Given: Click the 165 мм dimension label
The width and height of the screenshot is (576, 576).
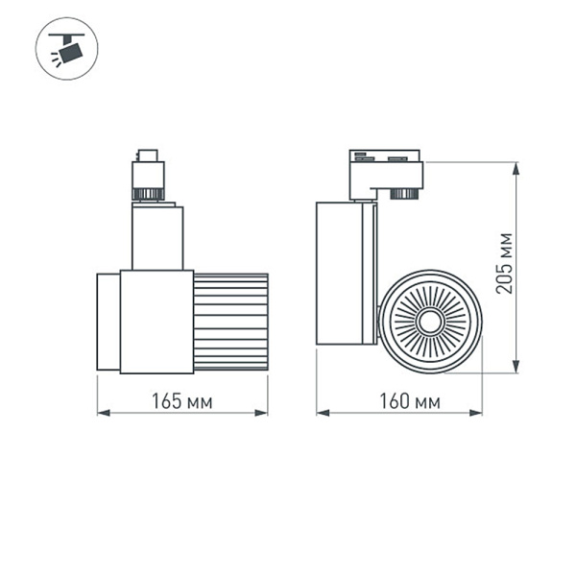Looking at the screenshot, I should [x=182, y=400].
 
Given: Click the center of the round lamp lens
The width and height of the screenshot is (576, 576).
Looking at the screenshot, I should [x=428, y=319].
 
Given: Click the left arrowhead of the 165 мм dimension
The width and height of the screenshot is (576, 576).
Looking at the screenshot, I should [x=102, y=414].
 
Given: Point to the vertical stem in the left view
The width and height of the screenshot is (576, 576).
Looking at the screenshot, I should [x=156, y=237].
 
